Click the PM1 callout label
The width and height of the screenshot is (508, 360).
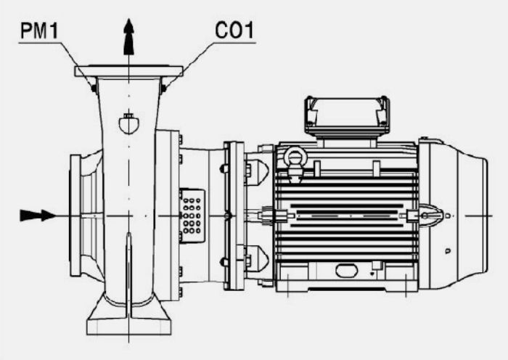pyautogui.click(x=39, y=30)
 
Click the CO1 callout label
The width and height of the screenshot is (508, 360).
pyautogui.click(x=234, y=30)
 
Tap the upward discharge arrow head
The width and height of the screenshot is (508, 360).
pyautogui.click(x=129, y=36)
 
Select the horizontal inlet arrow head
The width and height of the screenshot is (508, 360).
pyautogui.click(x=38, y=216)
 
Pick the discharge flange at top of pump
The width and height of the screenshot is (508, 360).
pyautogui.click(x=129, y=71)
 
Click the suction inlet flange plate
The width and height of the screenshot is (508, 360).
pyautogui.click(x=75, y=216)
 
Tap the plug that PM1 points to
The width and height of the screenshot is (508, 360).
pyautogui.click(x=94, y=88)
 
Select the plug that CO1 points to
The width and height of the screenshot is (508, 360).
pyautogui.click(x=163, y=88)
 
